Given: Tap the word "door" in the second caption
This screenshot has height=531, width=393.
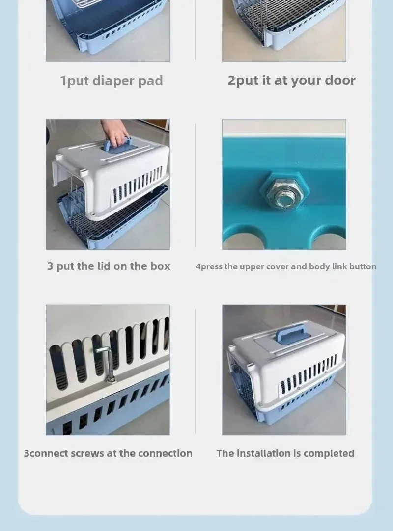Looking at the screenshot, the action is (x=340, y=80).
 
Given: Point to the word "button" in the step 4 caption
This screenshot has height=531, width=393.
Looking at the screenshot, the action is (x=363, y=266).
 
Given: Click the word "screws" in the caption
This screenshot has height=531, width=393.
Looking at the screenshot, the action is (x=87, y=453).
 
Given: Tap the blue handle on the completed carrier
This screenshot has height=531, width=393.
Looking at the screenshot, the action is (x=291, y=333).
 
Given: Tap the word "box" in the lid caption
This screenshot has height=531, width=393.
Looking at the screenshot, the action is (x=160, y=266).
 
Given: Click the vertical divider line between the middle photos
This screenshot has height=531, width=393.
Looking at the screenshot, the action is (x=196, y=185).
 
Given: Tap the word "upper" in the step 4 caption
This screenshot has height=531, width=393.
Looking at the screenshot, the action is (x=252, y=267).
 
